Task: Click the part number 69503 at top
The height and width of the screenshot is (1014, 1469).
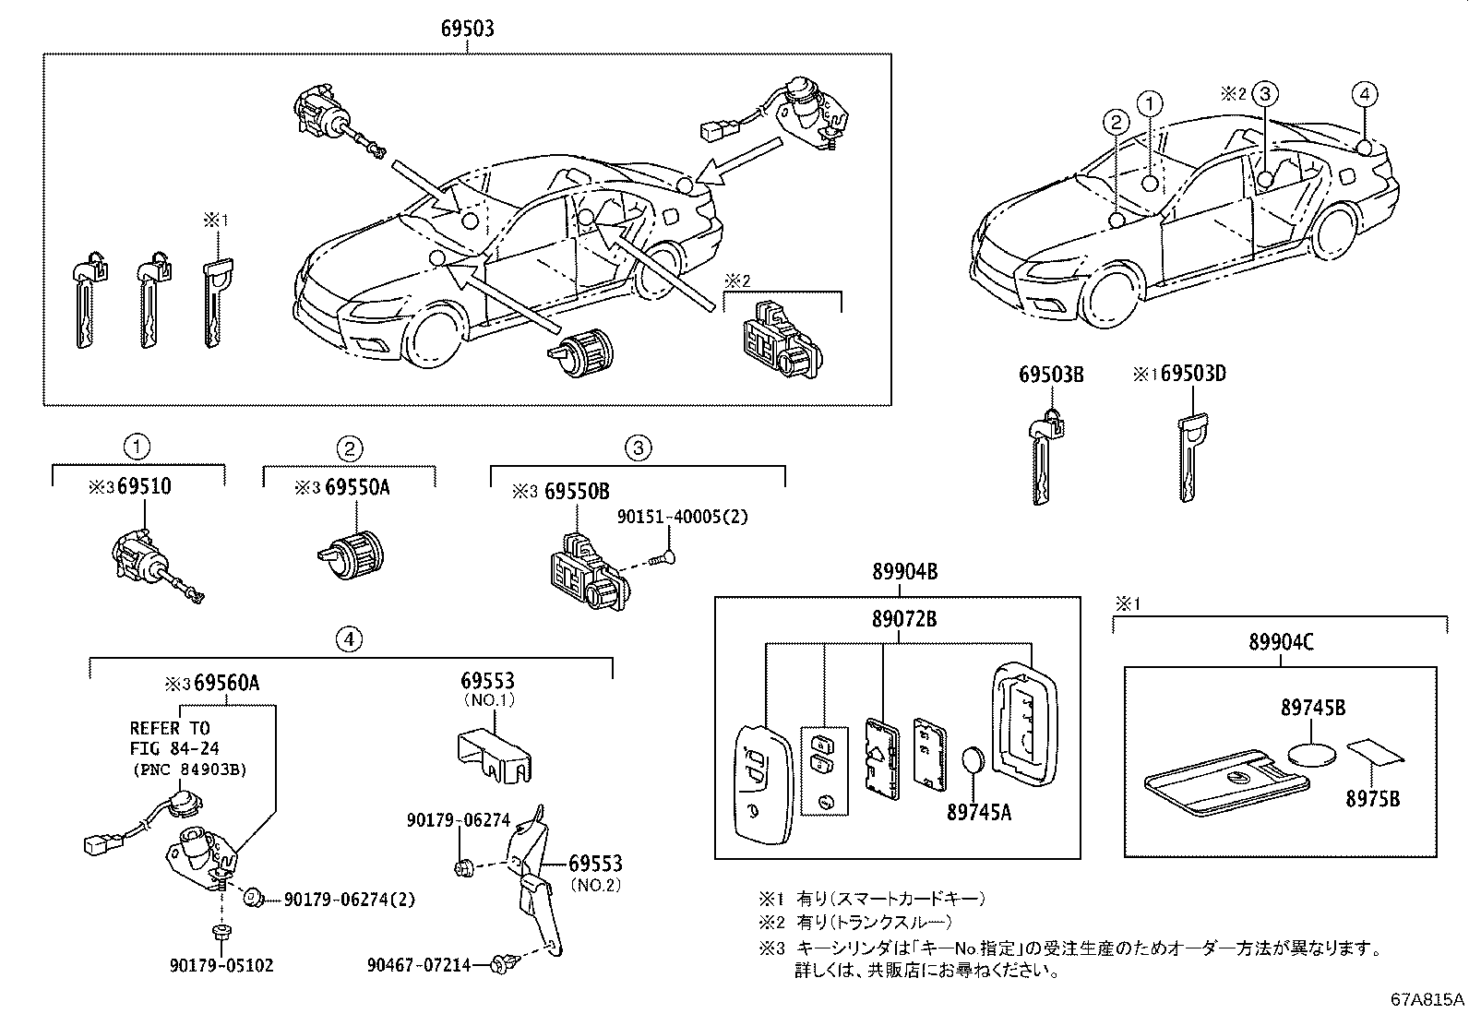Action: [x=466, y=29]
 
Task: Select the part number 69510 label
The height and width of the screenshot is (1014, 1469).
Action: [x=143, y=486]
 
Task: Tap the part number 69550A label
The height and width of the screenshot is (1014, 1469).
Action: [x=356, y=486]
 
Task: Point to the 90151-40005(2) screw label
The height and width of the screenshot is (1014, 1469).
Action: [x=682, y=517]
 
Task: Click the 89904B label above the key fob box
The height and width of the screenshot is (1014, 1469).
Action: [x=904, y=572]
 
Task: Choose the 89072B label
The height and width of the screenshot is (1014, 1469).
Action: [x=904, y=619]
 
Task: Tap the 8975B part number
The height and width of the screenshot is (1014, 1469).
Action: [x=1372, y=799]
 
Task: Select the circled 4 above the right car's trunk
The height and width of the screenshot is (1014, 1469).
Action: [x=1365, y=93]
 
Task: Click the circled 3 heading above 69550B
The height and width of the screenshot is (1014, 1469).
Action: [x=637, y=448]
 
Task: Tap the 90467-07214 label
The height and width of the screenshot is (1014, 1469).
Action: [x=418, y=965]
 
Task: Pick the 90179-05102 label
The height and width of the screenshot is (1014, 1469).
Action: [x=221, y=965]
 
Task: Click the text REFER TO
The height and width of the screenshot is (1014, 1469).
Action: [x=169, y=728]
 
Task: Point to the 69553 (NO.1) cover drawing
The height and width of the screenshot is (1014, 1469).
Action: [x=496, y=757]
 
